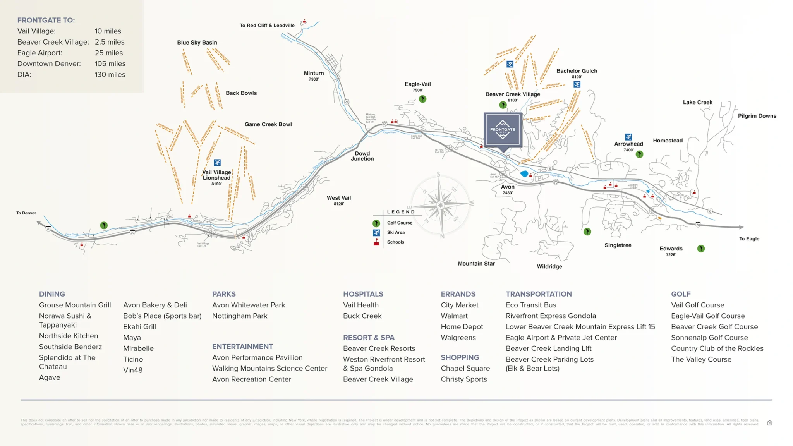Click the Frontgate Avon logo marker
(x=503, y=130)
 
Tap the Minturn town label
(x=314, y=74)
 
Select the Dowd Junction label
(x=362, y=156)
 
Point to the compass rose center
(x=440, y=205)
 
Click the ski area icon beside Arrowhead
(x=628, y=137)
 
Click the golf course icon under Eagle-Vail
(x=422, y=99)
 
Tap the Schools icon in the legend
(x=376, y=242)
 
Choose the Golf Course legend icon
(x=376, y=223)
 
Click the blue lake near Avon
(x=524, y=174)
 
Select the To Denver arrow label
(x=26, y=213)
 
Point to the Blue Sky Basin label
(x=197, y=43)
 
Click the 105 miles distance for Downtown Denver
(x=110, y=63)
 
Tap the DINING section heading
(x=52, y=294)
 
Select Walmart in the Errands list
(x=454, y=316)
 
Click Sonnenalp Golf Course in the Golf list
(x=709, y=338)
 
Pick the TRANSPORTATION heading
(x=539, y=294)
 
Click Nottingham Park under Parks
(x=240, y=316)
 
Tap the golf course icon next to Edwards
(x=701, y=249)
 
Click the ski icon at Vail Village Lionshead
(x=217, y=163)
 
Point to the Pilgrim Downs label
(x=757, y=116)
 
